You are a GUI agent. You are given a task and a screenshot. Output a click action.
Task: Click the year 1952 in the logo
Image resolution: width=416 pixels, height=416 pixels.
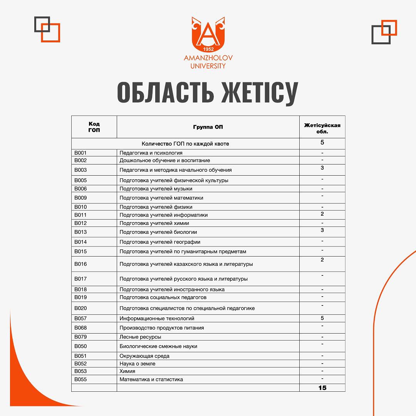click(208, 49)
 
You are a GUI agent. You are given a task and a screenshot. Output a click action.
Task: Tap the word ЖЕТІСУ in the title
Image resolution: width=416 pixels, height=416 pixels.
click(260, 92)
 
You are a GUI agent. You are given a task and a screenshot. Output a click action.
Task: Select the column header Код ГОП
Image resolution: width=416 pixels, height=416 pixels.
click(94, 127)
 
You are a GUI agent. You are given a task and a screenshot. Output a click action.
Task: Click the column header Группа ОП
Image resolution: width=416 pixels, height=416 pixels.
click(208, 127)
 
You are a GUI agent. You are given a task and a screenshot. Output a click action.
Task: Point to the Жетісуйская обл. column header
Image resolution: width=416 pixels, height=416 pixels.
click(322, 128)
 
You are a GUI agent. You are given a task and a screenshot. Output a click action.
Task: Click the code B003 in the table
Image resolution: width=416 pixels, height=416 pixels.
click(81, 170)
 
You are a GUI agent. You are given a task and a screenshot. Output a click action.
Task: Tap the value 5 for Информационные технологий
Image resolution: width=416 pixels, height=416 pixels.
click(322, 318)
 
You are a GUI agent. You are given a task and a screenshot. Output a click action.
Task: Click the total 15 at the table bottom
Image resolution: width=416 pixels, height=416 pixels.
click(322, 387)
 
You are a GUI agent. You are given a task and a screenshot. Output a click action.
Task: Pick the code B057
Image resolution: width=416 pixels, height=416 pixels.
click(81, 319)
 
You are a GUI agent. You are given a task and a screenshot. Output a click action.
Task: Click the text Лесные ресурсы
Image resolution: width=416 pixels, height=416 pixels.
click(140, 337)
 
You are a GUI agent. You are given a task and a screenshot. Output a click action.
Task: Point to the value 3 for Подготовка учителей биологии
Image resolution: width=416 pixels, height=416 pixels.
click(322, 230)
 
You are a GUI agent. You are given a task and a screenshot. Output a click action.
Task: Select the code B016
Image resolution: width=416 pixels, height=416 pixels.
click(81, 264)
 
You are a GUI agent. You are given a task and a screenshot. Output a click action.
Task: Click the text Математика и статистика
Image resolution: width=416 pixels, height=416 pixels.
click(151, 379)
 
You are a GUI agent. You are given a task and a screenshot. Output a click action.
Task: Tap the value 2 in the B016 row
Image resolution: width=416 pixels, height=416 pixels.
click(322, 260)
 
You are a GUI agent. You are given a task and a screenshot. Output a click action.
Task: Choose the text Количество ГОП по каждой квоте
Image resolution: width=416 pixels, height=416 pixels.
click(185, 144)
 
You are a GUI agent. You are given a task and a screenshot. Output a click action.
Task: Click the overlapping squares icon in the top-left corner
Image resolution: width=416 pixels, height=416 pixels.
click(47, 29)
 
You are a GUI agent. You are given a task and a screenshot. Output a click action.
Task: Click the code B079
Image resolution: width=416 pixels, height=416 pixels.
click(81, 337)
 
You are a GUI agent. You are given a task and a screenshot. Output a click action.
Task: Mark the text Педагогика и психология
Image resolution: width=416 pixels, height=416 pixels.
click(151, 153)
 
